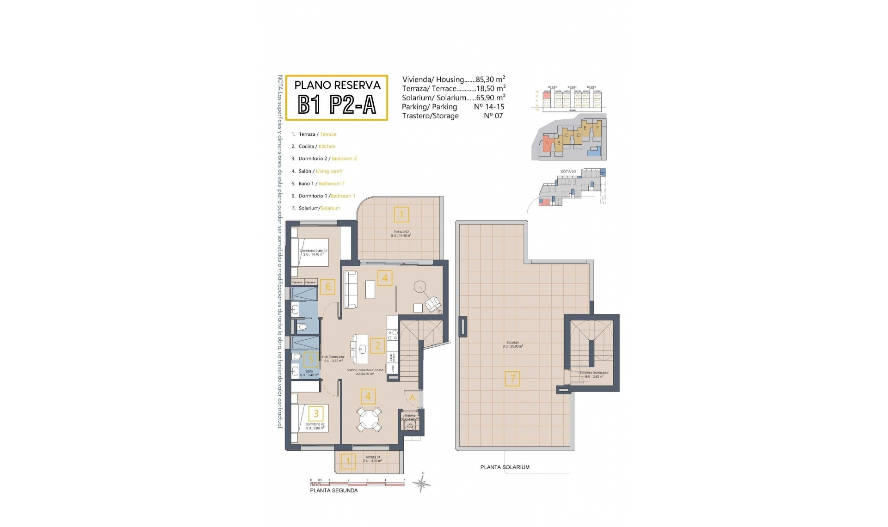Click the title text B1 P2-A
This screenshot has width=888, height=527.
[x=337, y=105]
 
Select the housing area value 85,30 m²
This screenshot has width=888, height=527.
[x=490, y=80]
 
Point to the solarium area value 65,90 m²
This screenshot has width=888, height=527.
[x=490, y=98]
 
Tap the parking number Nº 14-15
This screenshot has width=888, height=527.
[x=489, y=107]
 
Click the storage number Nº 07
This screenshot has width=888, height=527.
[x=493, y=116]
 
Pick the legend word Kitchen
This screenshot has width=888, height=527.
[x=327, y=147]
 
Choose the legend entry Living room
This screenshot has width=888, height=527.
[x=329, y=172]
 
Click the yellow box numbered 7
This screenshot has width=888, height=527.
[x=512, y=379]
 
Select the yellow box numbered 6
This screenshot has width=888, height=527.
[x=328, y=287]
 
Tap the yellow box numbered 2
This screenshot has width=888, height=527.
[x=377, y=345]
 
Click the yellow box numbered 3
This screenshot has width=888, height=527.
[x=316, y=414]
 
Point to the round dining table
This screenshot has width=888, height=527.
[x=369, y=419]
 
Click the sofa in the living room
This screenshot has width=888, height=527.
[x=351, y=290]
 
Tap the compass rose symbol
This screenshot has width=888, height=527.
[x=421, y=484]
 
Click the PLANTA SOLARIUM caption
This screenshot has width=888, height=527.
[x=505, y=467]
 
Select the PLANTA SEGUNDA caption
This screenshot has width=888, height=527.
[x=333, y=490]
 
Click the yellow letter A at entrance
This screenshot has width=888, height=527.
[x=412, y=398]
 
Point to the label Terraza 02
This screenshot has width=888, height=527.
[x=401, y=232]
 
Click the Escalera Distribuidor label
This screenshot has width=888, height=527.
[x=594, y=373]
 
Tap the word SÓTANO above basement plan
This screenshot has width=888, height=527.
[x=568, y=172]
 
